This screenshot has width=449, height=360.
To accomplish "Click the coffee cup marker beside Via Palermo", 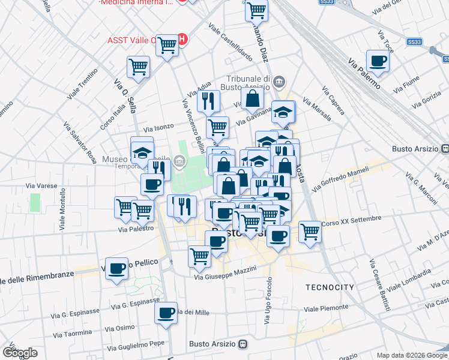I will coord(378,61).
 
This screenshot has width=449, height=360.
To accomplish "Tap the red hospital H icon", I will coord(183,40).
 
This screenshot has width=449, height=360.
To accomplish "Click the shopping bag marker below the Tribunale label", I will coord(253,98).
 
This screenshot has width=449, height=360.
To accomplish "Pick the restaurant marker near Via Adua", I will coord(208,101).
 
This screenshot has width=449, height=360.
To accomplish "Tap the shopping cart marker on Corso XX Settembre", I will coord(310,231).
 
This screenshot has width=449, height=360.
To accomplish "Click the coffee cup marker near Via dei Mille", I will coord(166,313).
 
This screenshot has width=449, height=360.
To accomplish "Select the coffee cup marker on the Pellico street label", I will coord(117,268).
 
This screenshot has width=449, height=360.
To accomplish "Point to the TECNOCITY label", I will coord(330,287).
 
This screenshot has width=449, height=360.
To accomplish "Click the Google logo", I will coord(19,353).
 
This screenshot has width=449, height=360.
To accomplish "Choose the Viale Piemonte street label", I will coord(327,308).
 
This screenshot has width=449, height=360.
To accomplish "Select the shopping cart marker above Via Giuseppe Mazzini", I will coord(200,256).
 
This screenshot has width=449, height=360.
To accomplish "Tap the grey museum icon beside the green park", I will coord(179,160).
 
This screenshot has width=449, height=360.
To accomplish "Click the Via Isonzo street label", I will coord(158,127).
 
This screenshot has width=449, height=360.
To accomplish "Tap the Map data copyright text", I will coord(411,355).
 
